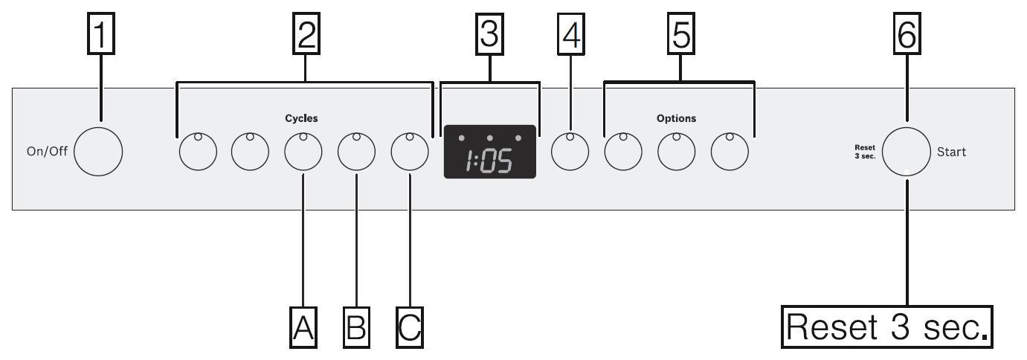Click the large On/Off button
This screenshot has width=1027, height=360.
[x=98, y=152]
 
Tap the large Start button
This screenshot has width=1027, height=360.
[x=906, y=152]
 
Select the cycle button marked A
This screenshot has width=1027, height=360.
[x=303, y=152]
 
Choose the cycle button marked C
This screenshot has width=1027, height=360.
[x=410, y=152]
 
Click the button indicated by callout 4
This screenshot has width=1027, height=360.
[x=570, y=152]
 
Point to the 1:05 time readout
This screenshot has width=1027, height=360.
[x=489, y=161]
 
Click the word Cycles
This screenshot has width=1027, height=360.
[x=301, y=118]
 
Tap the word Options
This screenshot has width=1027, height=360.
[x=676, y=118]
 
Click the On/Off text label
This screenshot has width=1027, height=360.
[x=44, y=152]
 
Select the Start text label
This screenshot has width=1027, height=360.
[x=951, y=152]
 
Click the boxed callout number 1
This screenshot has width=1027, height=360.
[x=102, y=35]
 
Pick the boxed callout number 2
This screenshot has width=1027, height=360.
[x=305, y=35]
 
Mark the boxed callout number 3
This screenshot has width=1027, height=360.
[x=489, y=35]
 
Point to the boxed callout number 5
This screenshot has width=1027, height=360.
[x=680, y=35]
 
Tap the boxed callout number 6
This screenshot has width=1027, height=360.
[x=907, y=35]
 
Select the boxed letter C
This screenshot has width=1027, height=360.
[x=410, y=327]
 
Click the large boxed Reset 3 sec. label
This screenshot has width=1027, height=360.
[x=887, y=327]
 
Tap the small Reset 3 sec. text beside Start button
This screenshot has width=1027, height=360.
[x=865, y=152]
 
